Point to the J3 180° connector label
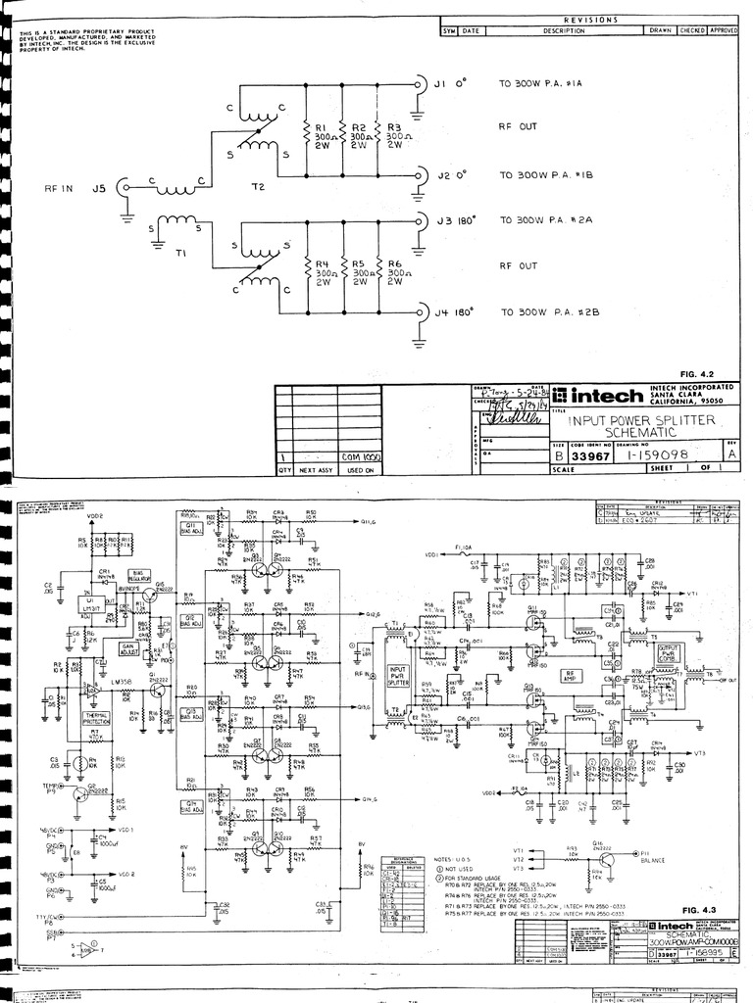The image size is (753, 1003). (455, 220)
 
